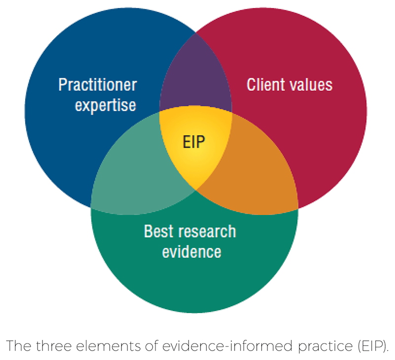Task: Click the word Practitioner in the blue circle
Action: [x=98, y=85]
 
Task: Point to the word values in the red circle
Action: [x=310, y=84]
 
